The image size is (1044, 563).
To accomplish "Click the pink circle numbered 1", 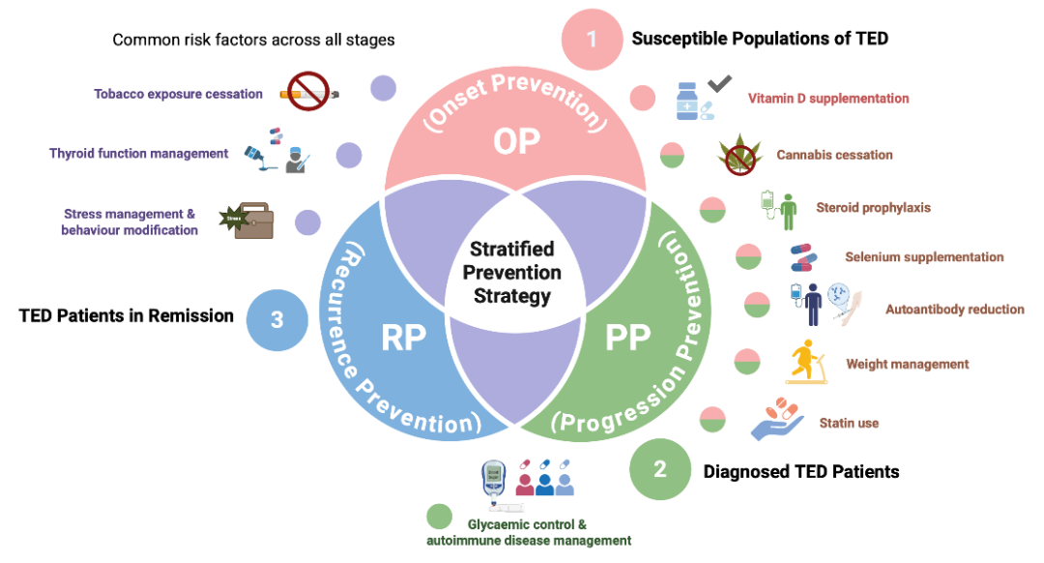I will (592, 41).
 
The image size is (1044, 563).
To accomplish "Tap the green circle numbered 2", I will (659, 471).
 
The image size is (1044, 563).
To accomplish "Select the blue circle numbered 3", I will (276, 319).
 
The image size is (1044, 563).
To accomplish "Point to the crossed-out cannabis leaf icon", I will (739, 156).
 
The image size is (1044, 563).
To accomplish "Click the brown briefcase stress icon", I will (247, 221).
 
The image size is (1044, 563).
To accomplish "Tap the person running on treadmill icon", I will (804, 363).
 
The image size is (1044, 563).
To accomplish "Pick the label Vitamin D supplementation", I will (828, 99).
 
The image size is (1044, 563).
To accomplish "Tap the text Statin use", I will (849, 423).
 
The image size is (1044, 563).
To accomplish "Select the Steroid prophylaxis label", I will (873, 207).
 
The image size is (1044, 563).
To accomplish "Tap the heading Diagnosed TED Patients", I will (801, 472).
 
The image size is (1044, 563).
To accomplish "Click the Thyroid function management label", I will (139, 153).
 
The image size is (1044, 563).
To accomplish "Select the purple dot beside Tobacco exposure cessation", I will (384, 89).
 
